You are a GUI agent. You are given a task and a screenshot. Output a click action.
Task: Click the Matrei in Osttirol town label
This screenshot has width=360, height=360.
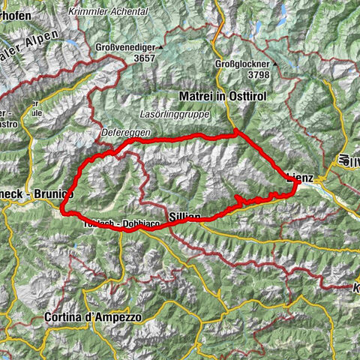(x=223, y=97)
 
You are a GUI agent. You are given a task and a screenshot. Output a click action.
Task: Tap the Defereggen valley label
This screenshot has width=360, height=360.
(x=126, y=132)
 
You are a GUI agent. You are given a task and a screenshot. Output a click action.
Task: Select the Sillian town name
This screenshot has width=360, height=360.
(x=184, y=215)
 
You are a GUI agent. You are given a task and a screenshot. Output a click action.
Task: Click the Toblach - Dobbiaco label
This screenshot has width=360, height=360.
(x=113, y=224)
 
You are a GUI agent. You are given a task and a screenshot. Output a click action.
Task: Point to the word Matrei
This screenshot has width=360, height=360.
(x=196, y=97)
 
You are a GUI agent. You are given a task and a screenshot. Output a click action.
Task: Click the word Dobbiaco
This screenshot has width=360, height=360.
(x=130, y=224)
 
